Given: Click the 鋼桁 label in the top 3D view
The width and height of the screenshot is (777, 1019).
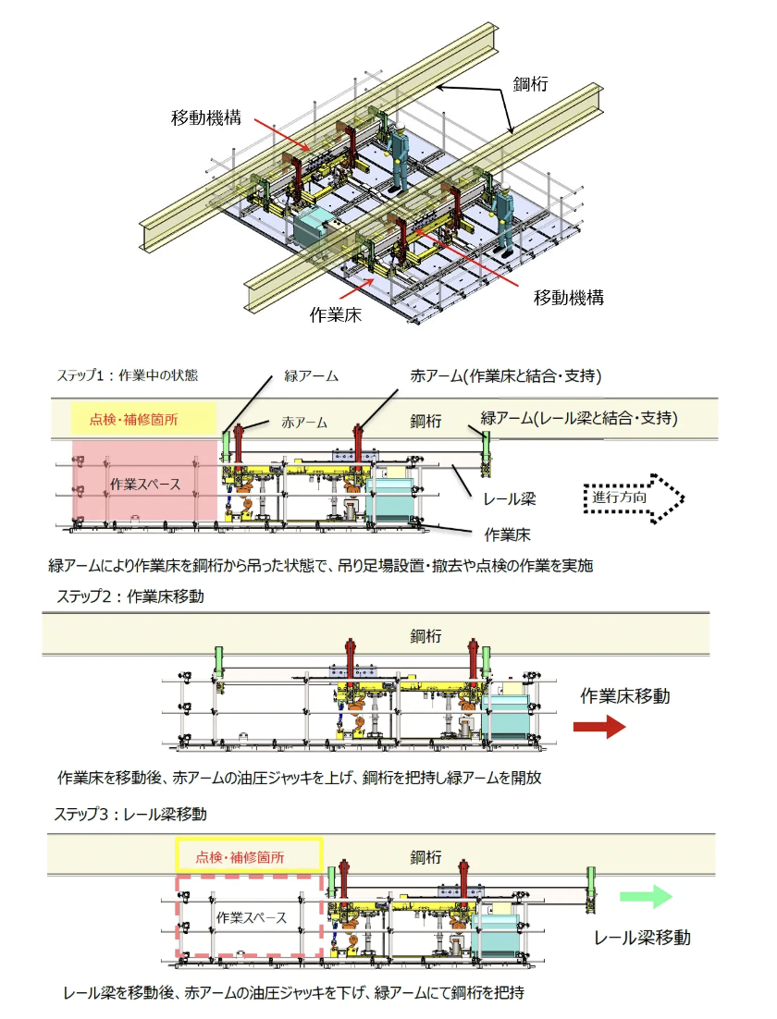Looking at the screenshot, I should pos(531,83).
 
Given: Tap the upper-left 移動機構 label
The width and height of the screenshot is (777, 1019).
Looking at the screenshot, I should pos(206,117).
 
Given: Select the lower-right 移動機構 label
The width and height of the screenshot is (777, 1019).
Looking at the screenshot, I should pos(569,298).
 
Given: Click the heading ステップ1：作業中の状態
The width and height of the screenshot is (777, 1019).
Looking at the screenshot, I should pos(128,375).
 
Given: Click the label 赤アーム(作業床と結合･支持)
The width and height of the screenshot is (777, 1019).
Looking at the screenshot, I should pos(507,376).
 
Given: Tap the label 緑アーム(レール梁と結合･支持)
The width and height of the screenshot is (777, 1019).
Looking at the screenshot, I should pos(580,418).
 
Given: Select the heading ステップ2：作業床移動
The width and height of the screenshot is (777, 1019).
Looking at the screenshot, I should pos(129,596).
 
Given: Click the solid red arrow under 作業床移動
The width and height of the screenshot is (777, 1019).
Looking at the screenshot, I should pos(599,728).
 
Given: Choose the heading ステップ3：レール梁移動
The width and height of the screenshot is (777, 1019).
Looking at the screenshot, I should pos(129,815).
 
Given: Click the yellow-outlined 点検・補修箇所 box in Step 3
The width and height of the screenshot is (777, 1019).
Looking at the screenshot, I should pos(248,856).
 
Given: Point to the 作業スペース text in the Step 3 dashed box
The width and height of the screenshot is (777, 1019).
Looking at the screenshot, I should pos(251,918).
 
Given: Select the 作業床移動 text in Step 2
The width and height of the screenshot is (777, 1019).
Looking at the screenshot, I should pos(624,695).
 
